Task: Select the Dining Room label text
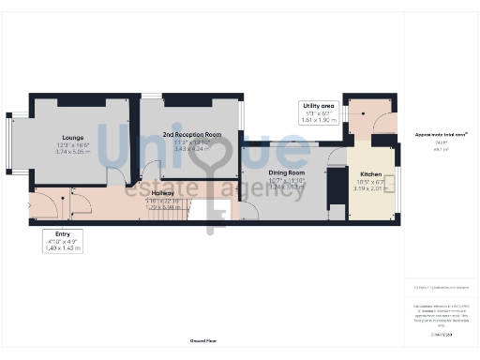coord(287,173)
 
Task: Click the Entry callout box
coord(63,241)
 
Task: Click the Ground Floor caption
coord(203,341)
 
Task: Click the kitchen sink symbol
coord(390,184)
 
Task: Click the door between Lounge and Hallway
coord(116,178)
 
